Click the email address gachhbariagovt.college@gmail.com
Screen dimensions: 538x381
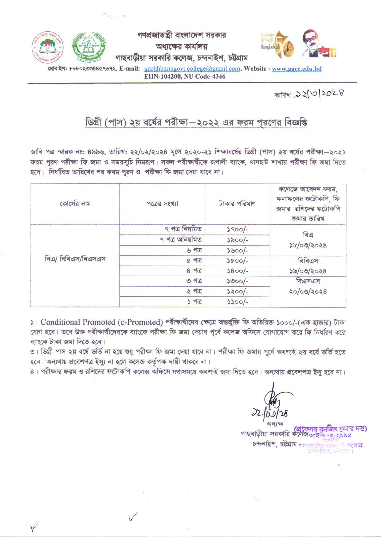pyautogui.click(x=192, y=69)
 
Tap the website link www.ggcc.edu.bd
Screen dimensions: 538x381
pyautogui.click(x=297, y=69)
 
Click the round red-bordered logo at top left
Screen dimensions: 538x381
pyautogui.click(x=47, y=47)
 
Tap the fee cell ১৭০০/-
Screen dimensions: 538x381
pyautogui.click(x=237, y=229)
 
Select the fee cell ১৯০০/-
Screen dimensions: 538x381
pyautogui.click(x=237, y=240)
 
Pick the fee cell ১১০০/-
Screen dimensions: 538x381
pyautogui.click(x=237, y=302)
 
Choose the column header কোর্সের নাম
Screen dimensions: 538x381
pyautogui.click(x=75, y=204)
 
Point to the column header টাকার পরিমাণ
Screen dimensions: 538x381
pyautogui.click(x=237, y=204)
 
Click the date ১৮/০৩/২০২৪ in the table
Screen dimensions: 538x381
pyautogui.click(x=308, y=245)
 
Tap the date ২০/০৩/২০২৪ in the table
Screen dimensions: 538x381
pyautogui.click(x=308, y=292)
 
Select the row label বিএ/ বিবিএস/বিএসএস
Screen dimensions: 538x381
pyautogui.click(x=75, y=259)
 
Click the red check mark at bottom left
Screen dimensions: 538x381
pyautogui.click(x=34, y=527)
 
